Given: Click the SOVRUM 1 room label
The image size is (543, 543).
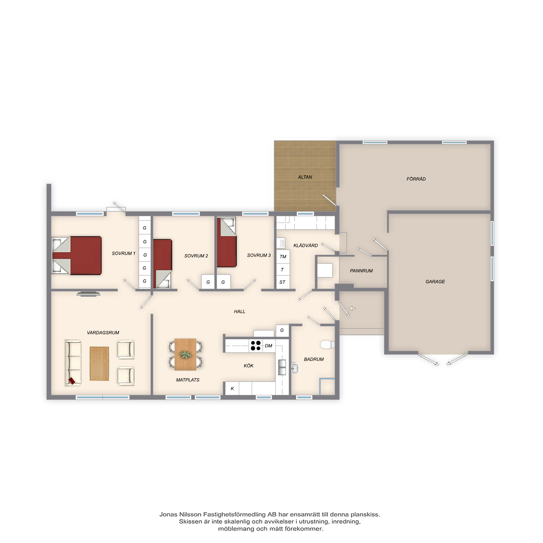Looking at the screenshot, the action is point(123,254).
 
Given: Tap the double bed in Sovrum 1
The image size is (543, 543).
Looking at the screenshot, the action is point(77,255).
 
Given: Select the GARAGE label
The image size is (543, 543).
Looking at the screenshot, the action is point(435,282).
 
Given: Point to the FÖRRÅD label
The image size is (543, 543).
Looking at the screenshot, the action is point(416,179).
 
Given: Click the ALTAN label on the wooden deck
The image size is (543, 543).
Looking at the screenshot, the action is point(305,177).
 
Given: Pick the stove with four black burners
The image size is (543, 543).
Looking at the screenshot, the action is point(255,345).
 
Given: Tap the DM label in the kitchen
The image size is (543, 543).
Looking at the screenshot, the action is point(269,346).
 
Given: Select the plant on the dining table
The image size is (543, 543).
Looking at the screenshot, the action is point(185,354).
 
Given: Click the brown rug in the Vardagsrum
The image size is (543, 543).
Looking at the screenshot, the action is point(99,364).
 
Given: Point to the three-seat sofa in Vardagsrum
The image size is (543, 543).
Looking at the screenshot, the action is point(73,363).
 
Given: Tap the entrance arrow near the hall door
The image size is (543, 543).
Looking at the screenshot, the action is point(352,308).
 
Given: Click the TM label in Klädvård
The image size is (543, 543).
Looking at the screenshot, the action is point(283,257).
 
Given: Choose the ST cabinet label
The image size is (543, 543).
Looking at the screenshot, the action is point(282,282).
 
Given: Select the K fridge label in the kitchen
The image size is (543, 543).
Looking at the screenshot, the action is point(232,389).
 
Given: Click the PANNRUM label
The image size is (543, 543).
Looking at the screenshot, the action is point(361,271).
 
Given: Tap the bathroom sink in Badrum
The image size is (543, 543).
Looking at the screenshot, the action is point(295,368).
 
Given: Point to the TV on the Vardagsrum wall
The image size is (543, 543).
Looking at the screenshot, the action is point(89,294).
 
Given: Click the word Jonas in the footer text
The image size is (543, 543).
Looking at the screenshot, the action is point(168,514).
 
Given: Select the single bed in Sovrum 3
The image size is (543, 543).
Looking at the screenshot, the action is point(226,242).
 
